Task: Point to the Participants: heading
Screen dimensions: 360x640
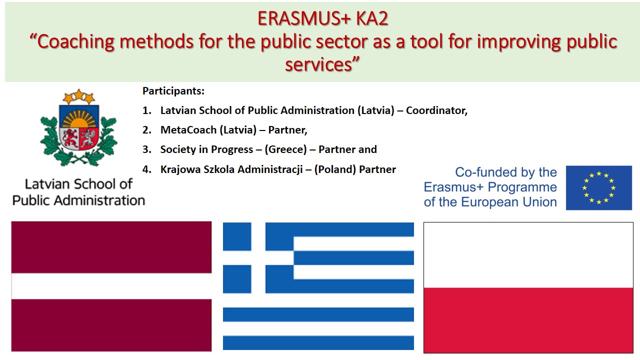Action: [x=173, y=91]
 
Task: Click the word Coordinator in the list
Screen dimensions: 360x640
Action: [x=435, y=110]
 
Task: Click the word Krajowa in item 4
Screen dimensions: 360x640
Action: [x=179, y=169]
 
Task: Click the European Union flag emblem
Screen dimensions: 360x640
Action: [x=598, y=187]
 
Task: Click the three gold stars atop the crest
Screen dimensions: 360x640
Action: [x=78, y=95]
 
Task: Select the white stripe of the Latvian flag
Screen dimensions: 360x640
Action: [x=111, y=286]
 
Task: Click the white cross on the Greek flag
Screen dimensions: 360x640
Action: [x=258, y=257]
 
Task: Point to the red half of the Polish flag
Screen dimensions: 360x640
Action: [x=528, y=320]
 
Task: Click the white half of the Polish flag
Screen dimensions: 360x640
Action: [x=528, y=255]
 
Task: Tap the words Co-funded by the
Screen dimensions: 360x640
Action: [x=505, y=173]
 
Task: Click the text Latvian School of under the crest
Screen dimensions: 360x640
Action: [x=78, y=184]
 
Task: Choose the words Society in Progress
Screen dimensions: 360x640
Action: [x=206, y=149]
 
